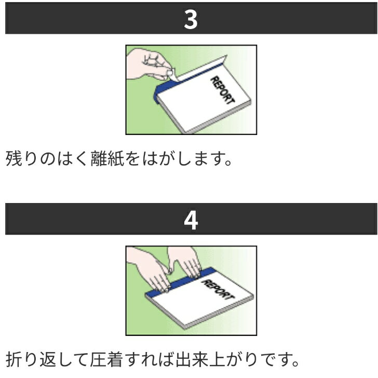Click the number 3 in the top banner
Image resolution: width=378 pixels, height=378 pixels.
tap(191, 20)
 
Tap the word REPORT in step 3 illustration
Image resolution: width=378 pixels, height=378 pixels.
tap(222, 90)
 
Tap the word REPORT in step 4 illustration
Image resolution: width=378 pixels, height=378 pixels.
tap(218, 289)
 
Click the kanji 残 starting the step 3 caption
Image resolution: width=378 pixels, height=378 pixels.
tap(14, 158)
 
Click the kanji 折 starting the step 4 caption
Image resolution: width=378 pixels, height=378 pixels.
tap(14, 359)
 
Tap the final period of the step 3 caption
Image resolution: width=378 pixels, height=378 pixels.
tap(228, 163)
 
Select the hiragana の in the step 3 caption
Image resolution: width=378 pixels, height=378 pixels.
tap(48, 159)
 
